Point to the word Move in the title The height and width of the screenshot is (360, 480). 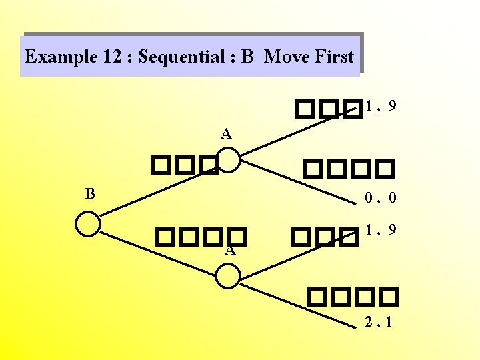pyautogui.click(x=287, y=57)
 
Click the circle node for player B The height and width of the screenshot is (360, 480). pyautogui.click(x=88, y=223)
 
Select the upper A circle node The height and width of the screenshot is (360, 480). pyautogui.click(x=228, y=160)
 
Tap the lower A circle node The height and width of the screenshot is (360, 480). pyautogui.click(x=228, y=275)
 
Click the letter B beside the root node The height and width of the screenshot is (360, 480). pyautogui.click(x=90, y=194)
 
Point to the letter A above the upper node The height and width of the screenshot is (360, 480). pyautogui.click(x=227, y=134)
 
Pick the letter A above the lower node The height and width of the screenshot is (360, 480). pyautogui.click(x=229, y=251)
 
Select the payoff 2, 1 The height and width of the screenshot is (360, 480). pyautogui.click(x=378, y=323)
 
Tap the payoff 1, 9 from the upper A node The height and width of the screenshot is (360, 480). pyautogui.click(x=381, y=105)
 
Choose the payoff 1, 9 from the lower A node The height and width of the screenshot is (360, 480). pyautogui.click(x=381, y=230)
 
